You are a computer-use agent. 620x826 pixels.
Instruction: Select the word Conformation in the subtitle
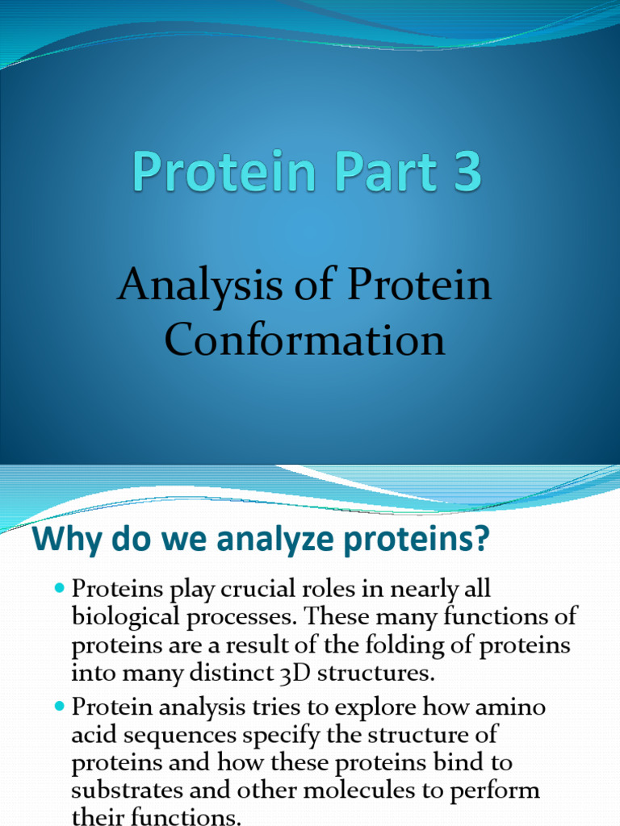(305, 340)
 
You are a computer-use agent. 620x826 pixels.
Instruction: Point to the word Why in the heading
(64, 540)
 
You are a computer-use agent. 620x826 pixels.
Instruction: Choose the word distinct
(240, 674)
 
